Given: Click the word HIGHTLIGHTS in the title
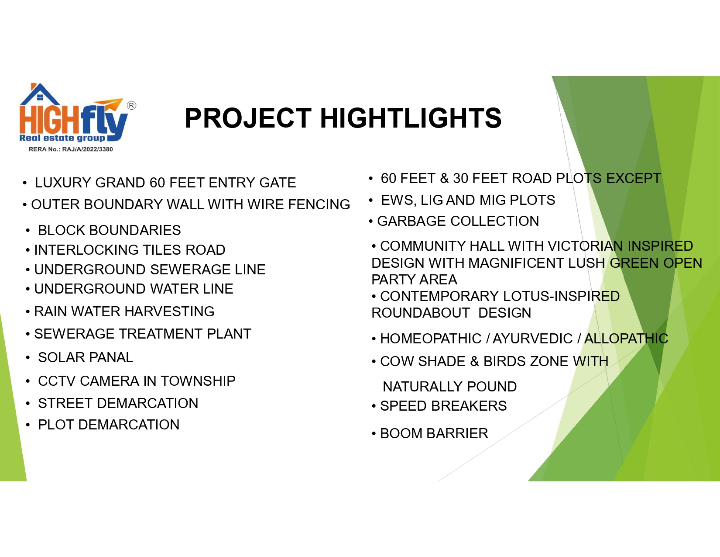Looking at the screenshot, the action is [x=411, y=118].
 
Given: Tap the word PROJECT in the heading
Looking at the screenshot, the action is [x=248, y=118].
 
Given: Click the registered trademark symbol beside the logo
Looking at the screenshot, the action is [x=131, y=105].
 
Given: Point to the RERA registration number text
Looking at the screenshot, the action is [x=71, y=149].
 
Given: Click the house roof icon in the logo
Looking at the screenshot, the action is [x=40, y=94].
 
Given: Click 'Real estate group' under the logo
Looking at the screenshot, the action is [x=62, y=138].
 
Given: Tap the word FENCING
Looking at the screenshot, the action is [x=319, y=205].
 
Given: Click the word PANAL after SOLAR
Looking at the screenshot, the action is [x=111, y=358].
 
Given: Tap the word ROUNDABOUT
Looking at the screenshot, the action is [x=421, y=313].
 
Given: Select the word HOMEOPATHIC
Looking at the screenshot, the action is [x=431, y=339].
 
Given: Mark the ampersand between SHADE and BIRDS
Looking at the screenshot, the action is [x=474, y=361].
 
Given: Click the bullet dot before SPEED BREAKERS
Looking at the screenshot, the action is [x=374, y=406].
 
